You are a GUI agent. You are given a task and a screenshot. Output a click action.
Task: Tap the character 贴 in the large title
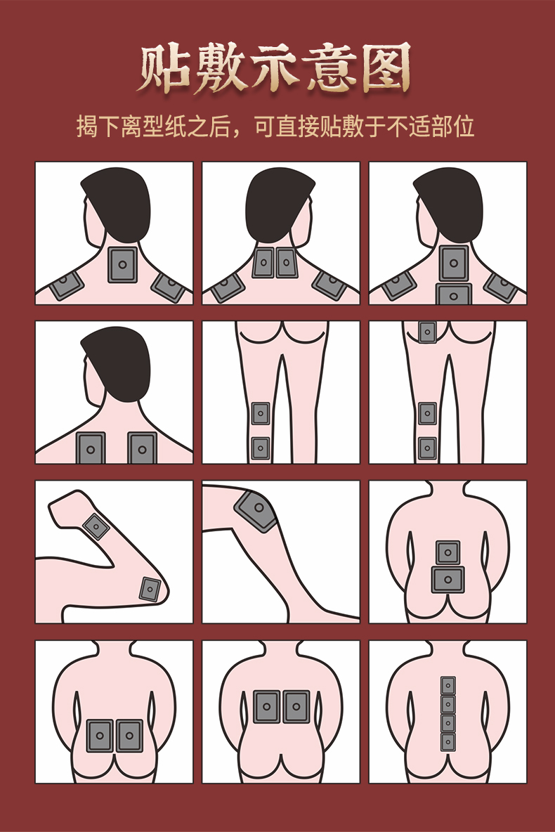pyautogui.click(x=164, y=68)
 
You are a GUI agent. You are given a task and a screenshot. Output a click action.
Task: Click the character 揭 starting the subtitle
pyautogui.click(x=88, y=126)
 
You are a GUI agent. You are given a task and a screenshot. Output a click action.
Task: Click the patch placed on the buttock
pyautogui.click(x=427, y=332)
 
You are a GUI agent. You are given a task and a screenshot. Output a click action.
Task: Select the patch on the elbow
pyautogui.click(x=150, y=589)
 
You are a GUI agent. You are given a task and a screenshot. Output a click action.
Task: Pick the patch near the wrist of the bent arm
pyautogui.click(x=96, y=527)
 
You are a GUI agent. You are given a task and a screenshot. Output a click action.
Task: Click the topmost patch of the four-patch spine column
pyautogui.click(x=448, y=686)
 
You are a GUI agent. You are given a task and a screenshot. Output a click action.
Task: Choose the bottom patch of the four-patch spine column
pyautogui.click(x=448, y=741)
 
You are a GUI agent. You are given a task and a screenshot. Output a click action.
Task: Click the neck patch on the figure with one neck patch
pyautogui.click(x=122, y=264)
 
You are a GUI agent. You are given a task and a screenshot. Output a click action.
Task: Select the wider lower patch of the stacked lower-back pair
pyautogui.click(x=448, y=580)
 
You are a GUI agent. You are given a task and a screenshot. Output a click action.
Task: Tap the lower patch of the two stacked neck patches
pyautogui.click(x=454, y=294)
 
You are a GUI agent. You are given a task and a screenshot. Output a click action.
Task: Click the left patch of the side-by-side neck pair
pyautogui.click(x=263, y=263)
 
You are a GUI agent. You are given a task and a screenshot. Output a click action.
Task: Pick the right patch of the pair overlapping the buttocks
pyautogui.click(x=129, y=736)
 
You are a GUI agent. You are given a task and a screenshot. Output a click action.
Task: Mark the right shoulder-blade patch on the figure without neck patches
pyautogui.click(x=142, y=448)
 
